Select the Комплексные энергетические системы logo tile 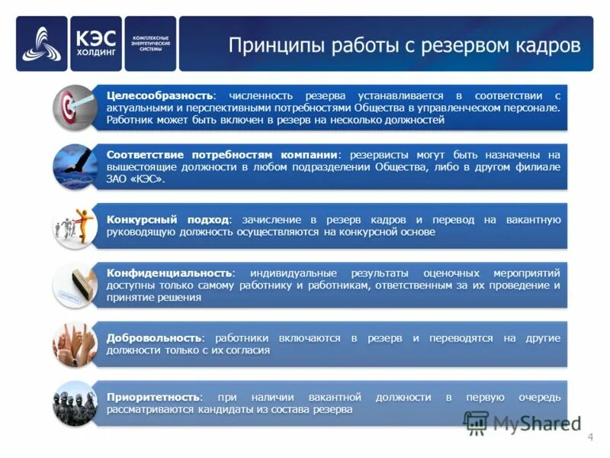(150, 44)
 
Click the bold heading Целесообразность (160, 95)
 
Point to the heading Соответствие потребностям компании (222, 155)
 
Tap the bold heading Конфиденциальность (169, 273)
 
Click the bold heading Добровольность (155, 337)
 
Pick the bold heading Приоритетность (154, 398)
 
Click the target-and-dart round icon (74, 106)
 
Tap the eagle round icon (74, 166)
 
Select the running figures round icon (74, 226)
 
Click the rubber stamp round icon (74, 285)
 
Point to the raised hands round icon (74, 344)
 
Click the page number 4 (590, 437)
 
